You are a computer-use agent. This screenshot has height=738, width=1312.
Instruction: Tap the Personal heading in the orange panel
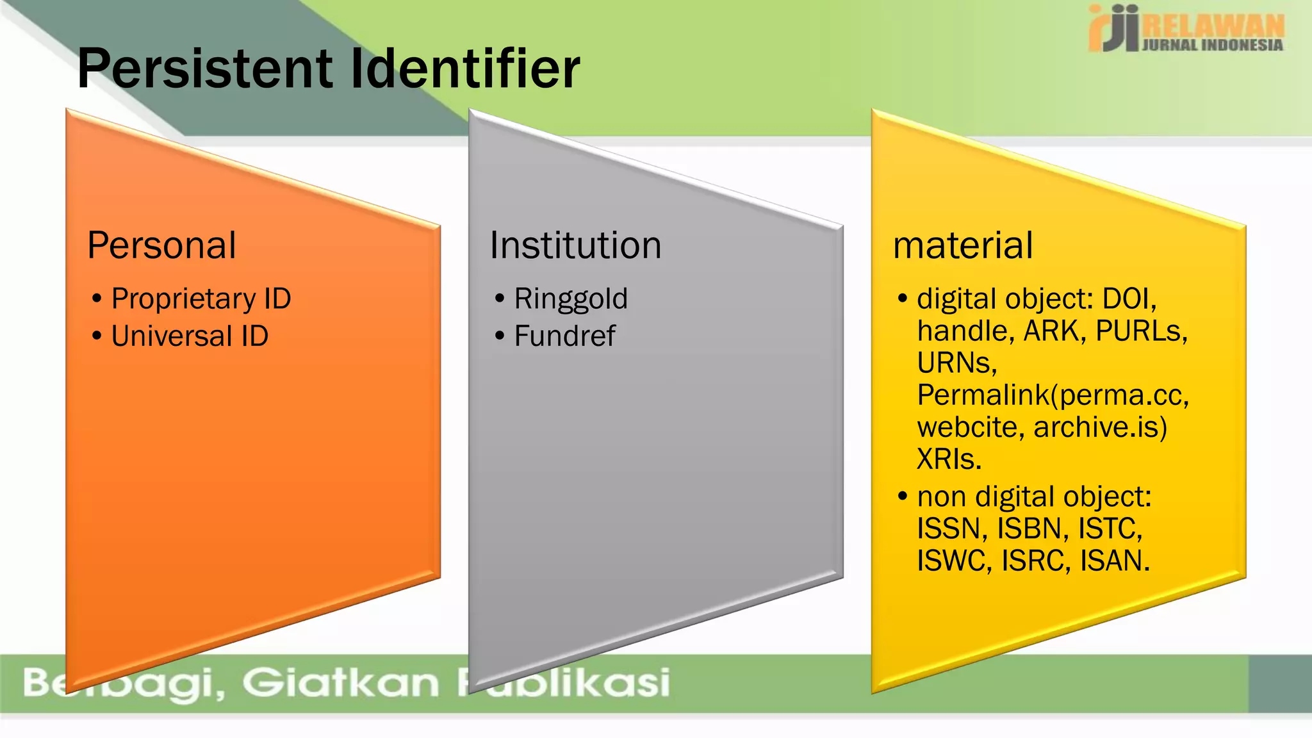click(x=161, y=245)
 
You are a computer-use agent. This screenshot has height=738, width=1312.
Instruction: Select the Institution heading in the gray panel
click(x=575, y=245)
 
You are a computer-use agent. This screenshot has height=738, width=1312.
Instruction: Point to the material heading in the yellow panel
click(x=963, y=245)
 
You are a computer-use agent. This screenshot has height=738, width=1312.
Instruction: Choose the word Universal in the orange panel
click(x=172, y=336)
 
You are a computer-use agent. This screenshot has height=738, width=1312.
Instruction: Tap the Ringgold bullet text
click(x=571, y=299)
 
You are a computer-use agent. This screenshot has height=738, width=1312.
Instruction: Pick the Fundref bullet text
click(x=564, y=336)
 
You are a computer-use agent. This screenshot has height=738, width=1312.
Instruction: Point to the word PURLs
click(x=1141, y=331)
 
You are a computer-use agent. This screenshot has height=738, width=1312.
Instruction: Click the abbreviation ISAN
click(x=1115, y=561)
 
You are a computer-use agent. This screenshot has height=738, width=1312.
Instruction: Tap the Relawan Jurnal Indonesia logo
click(x=1186, y=29)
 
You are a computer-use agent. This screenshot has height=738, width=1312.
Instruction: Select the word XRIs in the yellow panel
click(x=949, y=459)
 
